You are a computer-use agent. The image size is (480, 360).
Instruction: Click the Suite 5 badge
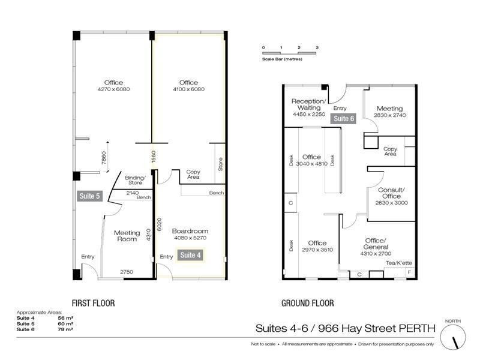[88, 196]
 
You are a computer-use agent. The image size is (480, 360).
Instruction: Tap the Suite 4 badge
[191, 255]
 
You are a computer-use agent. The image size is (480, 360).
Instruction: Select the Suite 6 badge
[344, 119]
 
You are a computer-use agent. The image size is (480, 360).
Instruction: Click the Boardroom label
[190, 231]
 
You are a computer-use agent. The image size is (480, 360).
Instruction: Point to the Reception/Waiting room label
[309, 104]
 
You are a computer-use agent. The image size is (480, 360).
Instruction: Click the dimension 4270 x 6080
[113, 89]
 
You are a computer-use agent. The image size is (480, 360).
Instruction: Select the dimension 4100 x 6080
[188, 89]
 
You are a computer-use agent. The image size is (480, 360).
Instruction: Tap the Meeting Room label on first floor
[127, 236]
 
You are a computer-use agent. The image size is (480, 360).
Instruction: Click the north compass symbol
[453, 337]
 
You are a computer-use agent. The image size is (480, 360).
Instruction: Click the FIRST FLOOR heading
[93, 304]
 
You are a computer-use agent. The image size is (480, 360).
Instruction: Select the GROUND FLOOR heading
[307, 304]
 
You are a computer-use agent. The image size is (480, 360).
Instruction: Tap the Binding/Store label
[135, 181]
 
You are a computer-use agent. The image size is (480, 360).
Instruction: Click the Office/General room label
[376, 244]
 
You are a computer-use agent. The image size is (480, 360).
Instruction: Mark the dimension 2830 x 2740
[390, 115]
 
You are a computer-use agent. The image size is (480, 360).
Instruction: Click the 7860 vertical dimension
[103, 157]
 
